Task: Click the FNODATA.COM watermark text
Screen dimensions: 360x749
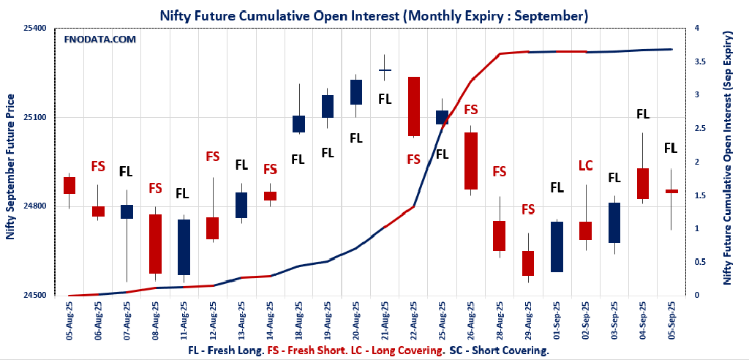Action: click(x=101, y=40)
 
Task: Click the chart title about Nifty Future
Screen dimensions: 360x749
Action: click(x=374, y=15)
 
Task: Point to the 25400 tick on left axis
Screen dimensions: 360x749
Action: click(x=34, y=29)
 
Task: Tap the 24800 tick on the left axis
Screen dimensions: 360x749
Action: click(x=34, y=206)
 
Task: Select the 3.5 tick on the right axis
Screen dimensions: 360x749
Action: click(x=701, y=61)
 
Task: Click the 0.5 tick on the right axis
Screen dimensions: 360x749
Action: click(x=701, y=262)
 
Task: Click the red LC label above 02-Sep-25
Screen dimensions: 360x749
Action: click(x=586, y=165)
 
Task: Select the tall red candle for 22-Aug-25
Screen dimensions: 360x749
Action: click(x=414, y=106)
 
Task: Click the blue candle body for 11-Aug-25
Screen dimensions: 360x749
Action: click(x=183, y=247)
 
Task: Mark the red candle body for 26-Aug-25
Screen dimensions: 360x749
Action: click(x=472, y=160)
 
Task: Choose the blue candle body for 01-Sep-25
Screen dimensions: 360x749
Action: click(x=557, y=247)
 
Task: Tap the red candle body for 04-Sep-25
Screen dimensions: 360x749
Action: click(x=644, y=183)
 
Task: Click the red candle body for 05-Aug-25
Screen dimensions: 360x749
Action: click(x=69, y=185)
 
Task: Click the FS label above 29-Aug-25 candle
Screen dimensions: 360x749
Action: click(x=528, y=210)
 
